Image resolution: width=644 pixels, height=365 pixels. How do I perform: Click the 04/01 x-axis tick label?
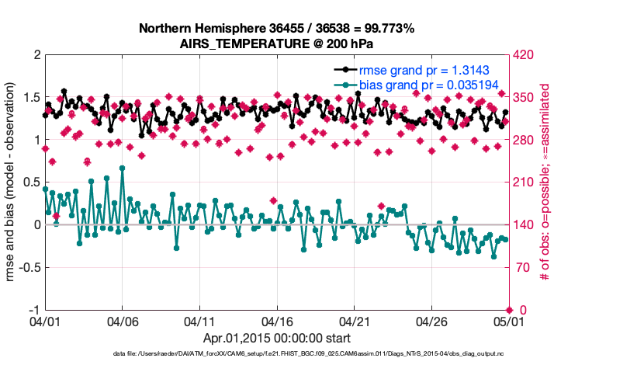click(45, 321)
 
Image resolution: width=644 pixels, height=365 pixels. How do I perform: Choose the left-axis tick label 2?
click(36, 55)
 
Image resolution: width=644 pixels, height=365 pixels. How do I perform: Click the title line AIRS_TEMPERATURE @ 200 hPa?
click(276, 43)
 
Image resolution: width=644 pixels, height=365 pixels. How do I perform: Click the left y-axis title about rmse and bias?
click(12, 182)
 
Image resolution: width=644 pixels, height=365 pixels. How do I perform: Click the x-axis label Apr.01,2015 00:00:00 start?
click(276, 339)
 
